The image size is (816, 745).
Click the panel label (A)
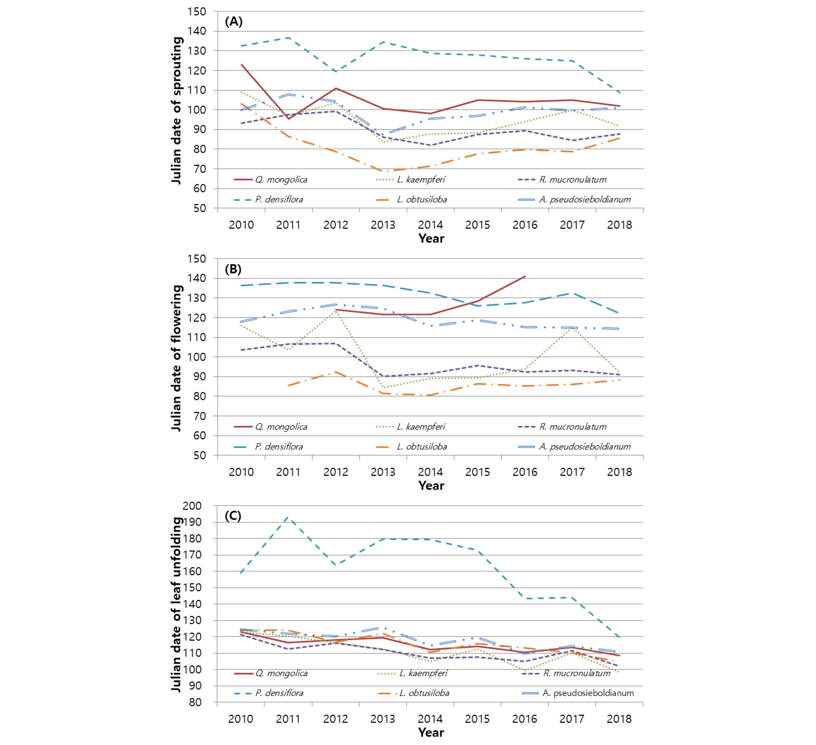click(233, 21)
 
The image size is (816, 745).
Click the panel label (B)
click(233, 269)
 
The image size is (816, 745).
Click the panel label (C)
click(233, 516)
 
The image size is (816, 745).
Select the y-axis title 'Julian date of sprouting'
click(177, 111)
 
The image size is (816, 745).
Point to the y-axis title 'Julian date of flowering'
click(177, 358)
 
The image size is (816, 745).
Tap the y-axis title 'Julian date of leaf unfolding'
click(177, 605)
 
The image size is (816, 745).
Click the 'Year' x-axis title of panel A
click(431, 239)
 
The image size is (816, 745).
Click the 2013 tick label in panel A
click(383, 225)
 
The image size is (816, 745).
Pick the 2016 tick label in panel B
click(525, 472)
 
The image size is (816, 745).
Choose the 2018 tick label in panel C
click(619, 719)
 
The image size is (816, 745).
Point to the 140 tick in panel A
click(197, 31)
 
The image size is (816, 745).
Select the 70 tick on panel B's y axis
click(200, 416)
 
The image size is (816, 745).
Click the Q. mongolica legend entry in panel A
click(271, 179)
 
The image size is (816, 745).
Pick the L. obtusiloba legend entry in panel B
click(412, 447)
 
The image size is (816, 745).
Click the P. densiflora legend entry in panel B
click(268, 447)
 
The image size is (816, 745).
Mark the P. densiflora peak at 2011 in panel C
click(288, 517)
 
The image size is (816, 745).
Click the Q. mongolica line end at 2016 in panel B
click(525, 276)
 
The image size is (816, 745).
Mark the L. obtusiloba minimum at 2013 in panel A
click(383, 171)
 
